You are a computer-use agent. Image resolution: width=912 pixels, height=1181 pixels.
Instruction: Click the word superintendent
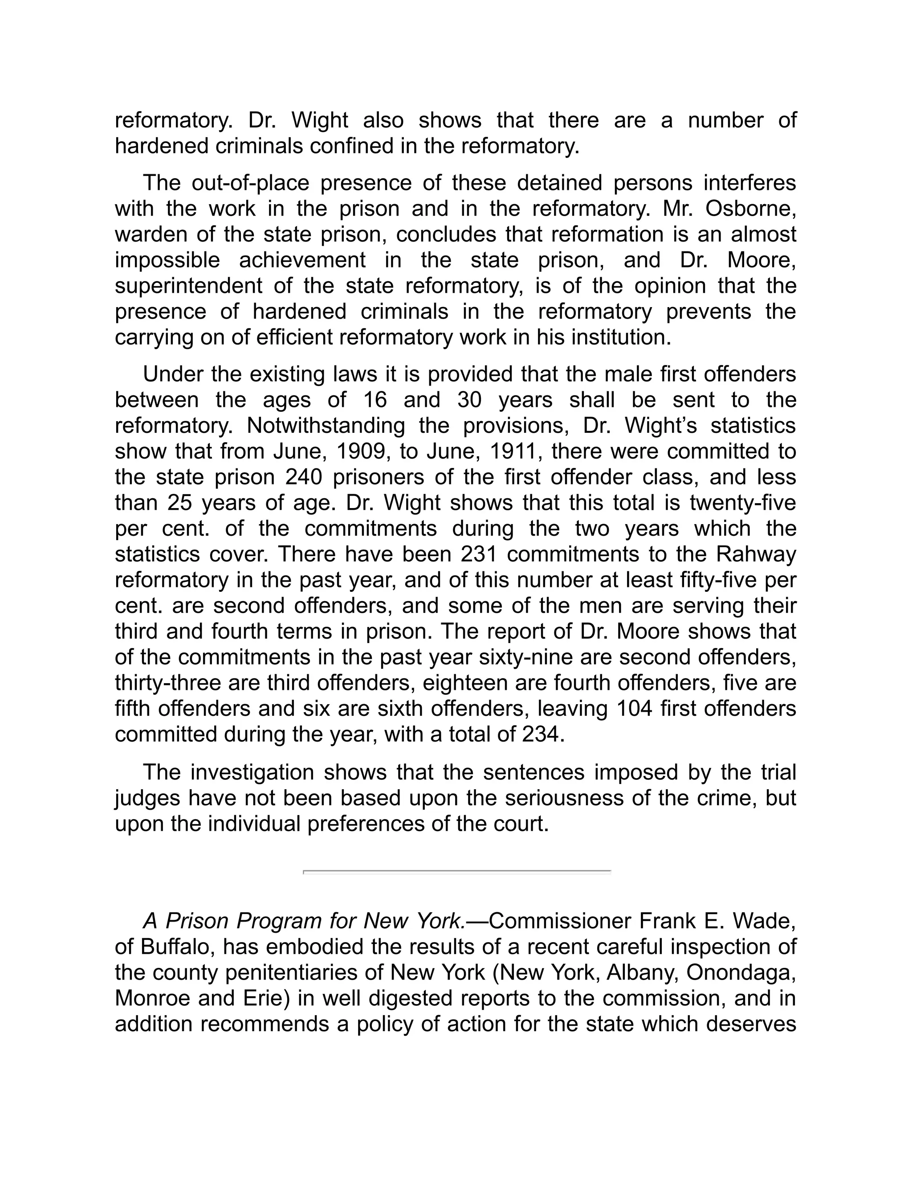click(188, 286)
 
